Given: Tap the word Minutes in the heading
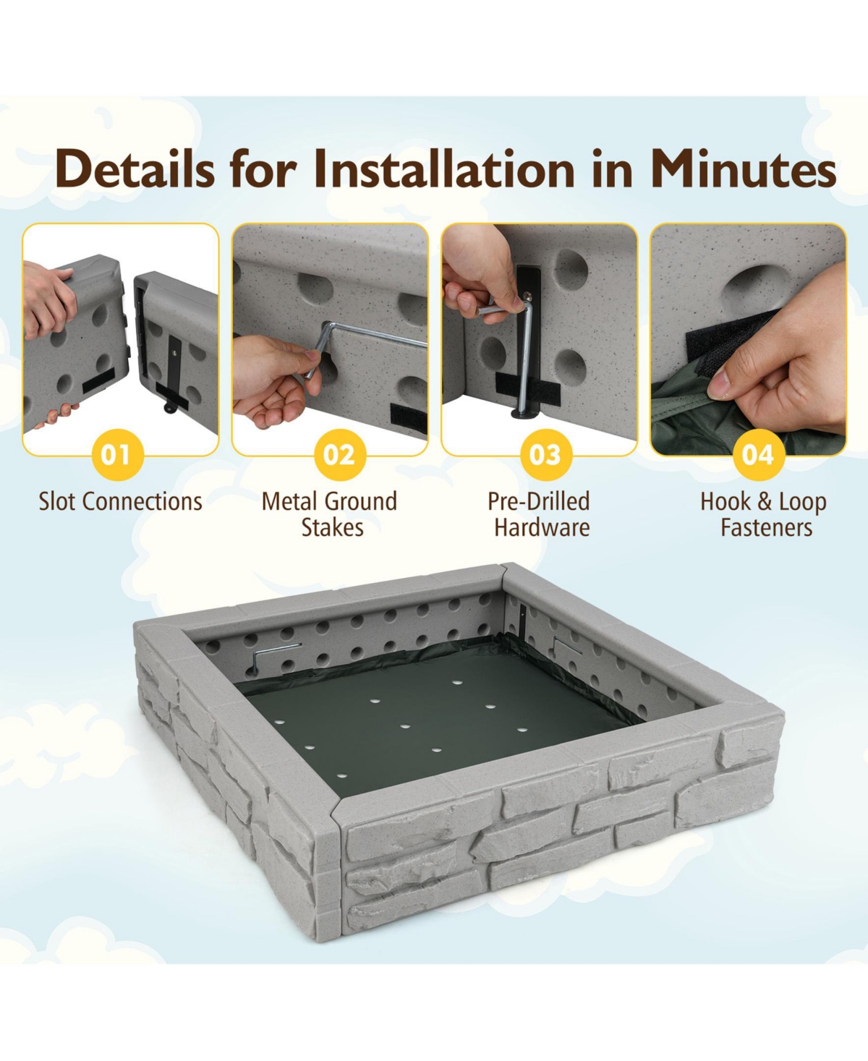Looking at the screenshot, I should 743,170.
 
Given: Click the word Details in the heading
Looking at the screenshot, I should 135,170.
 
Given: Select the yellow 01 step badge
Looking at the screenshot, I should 116,455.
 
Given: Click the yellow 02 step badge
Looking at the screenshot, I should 339,455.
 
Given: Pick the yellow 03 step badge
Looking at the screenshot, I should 545,455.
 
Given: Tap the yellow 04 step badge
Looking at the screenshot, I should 757,455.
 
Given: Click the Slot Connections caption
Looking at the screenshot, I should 120,501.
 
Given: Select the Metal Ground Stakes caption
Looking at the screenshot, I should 330,514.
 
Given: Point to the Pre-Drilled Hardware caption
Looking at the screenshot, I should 540,514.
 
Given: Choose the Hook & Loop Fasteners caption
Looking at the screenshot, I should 764,514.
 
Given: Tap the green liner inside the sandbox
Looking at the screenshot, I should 434,723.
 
